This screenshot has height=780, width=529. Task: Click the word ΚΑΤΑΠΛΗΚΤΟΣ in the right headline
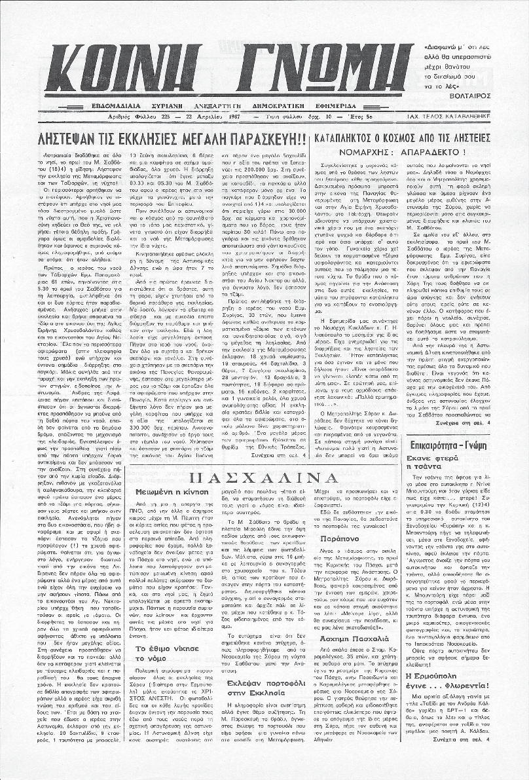coord(353,138)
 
